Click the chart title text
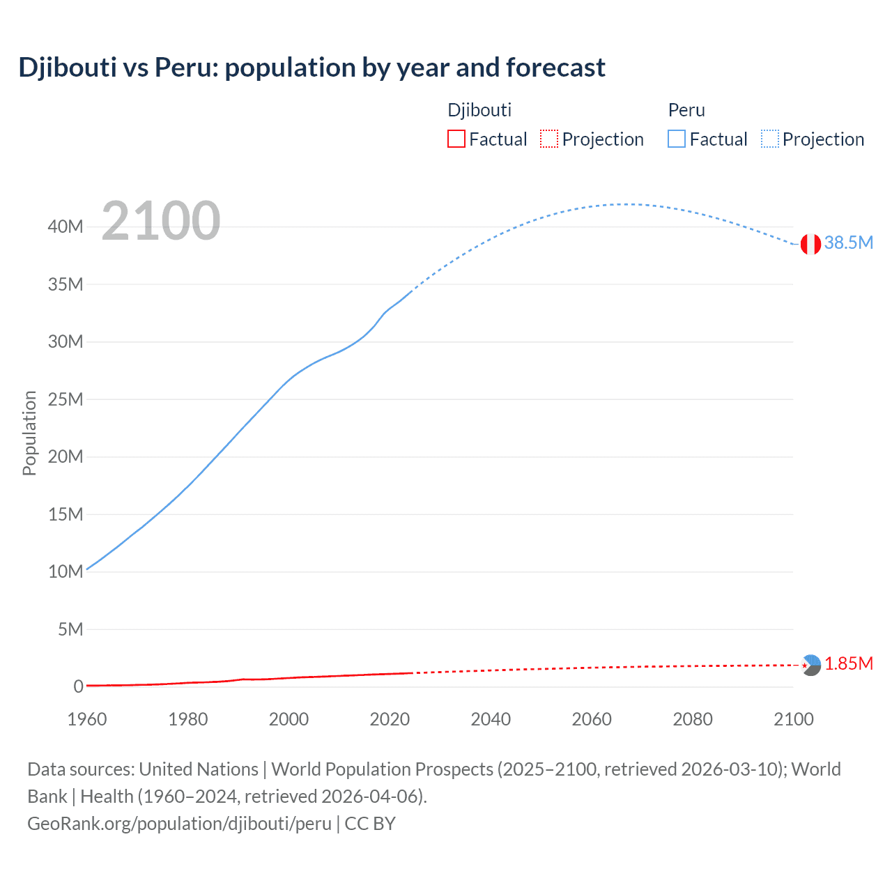click(x=312, y=68)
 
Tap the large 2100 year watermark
click(x=161, y=221)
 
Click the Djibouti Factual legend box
click(x=456, y=139)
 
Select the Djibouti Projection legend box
click(x=549, y=139)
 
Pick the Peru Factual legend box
click(x=676, y=139)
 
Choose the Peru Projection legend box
click(x=769, y=139)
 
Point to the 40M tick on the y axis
click(x=66, y=226)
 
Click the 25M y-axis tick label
click(x=66, y=399)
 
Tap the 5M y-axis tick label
click(x=70, y=629)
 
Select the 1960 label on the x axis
click(x=87, y=719)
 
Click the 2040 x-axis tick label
click(x=491, y=719)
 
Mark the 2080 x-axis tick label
click(x=693, y=719)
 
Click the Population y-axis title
click(x=29, y=433)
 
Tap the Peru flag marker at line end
click(x=810, y=244)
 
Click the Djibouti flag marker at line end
click(x=810, y=665)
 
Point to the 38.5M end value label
click(x=848, y=243)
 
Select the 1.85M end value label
click(x=848, y=663)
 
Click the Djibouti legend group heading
click(x=479, y=110)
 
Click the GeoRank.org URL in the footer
click(x=180, y=823)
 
